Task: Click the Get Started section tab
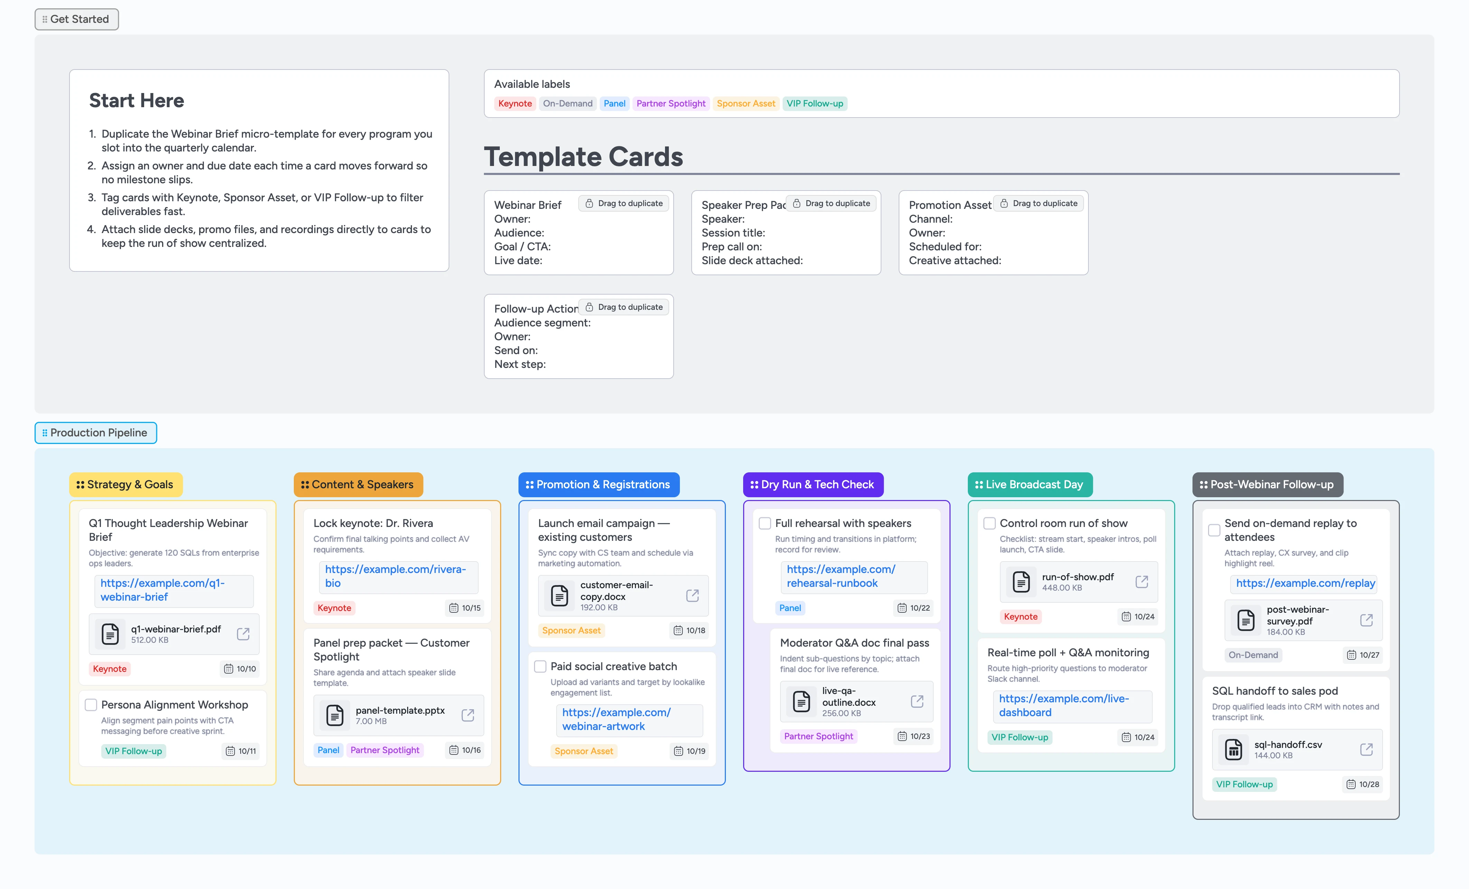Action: pyautogui.click(x=76, y=19)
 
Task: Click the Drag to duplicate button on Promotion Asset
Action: pyautogui.click(x=1039, y=203)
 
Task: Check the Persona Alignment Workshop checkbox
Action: pyautogui.click(x=91, y=705)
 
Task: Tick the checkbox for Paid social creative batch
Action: pyautogui.click(x=540, y=667)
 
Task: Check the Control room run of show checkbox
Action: pyautogui.click(x=990, y=524)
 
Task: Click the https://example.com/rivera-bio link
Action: pyautogui.click(x=395, y=576)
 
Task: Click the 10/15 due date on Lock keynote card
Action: pyautogui.click(x=465, y=608)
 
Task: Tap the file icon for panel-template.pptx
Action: pyautogui.click(x=335, y=715)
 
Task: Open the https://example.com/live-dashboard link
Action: pyautogui.click(x=1064, y=705)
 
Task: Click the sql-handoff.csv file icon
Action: pyautogui.click(x=1233, y=750)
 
